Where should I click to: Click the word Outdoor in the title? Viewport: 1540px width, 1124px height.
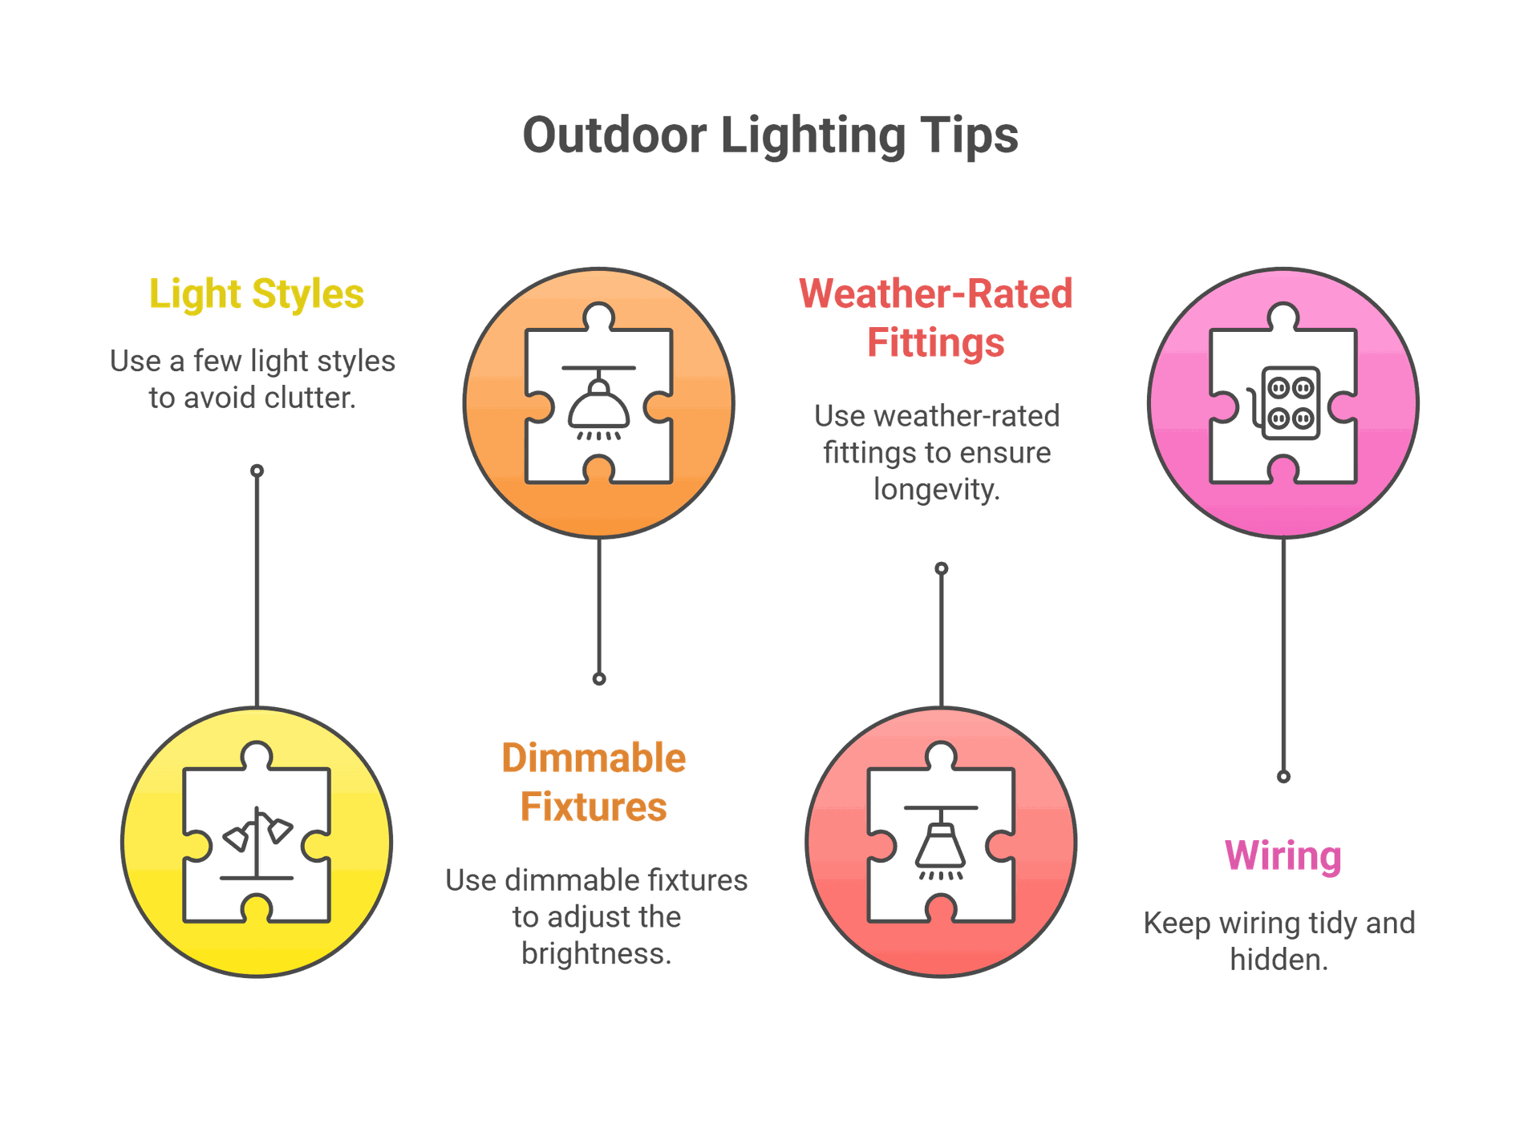tap(614, 135)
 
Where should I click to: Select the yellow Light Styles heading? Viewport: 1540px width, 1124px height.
tap(257, 294)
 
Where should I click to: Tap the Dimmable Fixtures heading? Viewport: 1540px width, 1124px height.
tap(594, 782)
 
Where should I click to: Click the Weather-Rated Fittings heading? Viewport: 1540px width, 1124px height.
tap(936, 317)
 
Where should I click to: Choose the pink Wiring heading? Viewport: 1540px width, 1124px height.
tap(1283, 856)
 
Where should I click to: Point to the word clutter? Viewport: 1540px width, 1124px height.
tap(310, 398)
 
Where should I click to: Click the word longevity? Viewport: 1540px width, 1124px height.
tap(937, 489)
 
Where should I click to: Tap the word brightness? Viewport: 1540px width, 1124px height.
tap(596, 953)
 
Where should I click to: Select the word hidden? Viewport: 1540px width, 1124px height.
tap(1279, 960)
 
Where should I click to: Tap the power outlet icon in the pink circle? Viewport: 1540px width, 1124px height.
tap(1283, 402)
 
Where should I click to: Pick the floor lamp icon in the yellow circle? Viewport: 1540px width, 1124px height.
tap(257, 843)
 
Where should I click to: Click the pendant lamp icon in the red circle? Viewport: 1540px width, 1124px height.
tap(941, 843)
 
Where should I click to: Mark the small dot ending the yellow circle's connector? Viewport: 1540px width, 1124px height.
tap(257, 471)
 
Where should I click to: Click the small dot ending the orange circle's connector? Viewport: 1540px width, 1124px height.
tap(599, 679)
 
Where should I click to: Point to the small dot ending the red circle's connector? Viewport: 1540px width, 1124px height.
tap(942, 568)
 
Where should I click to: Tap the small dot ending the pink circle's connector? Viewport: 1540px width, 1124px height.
tap(1283, 776)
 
